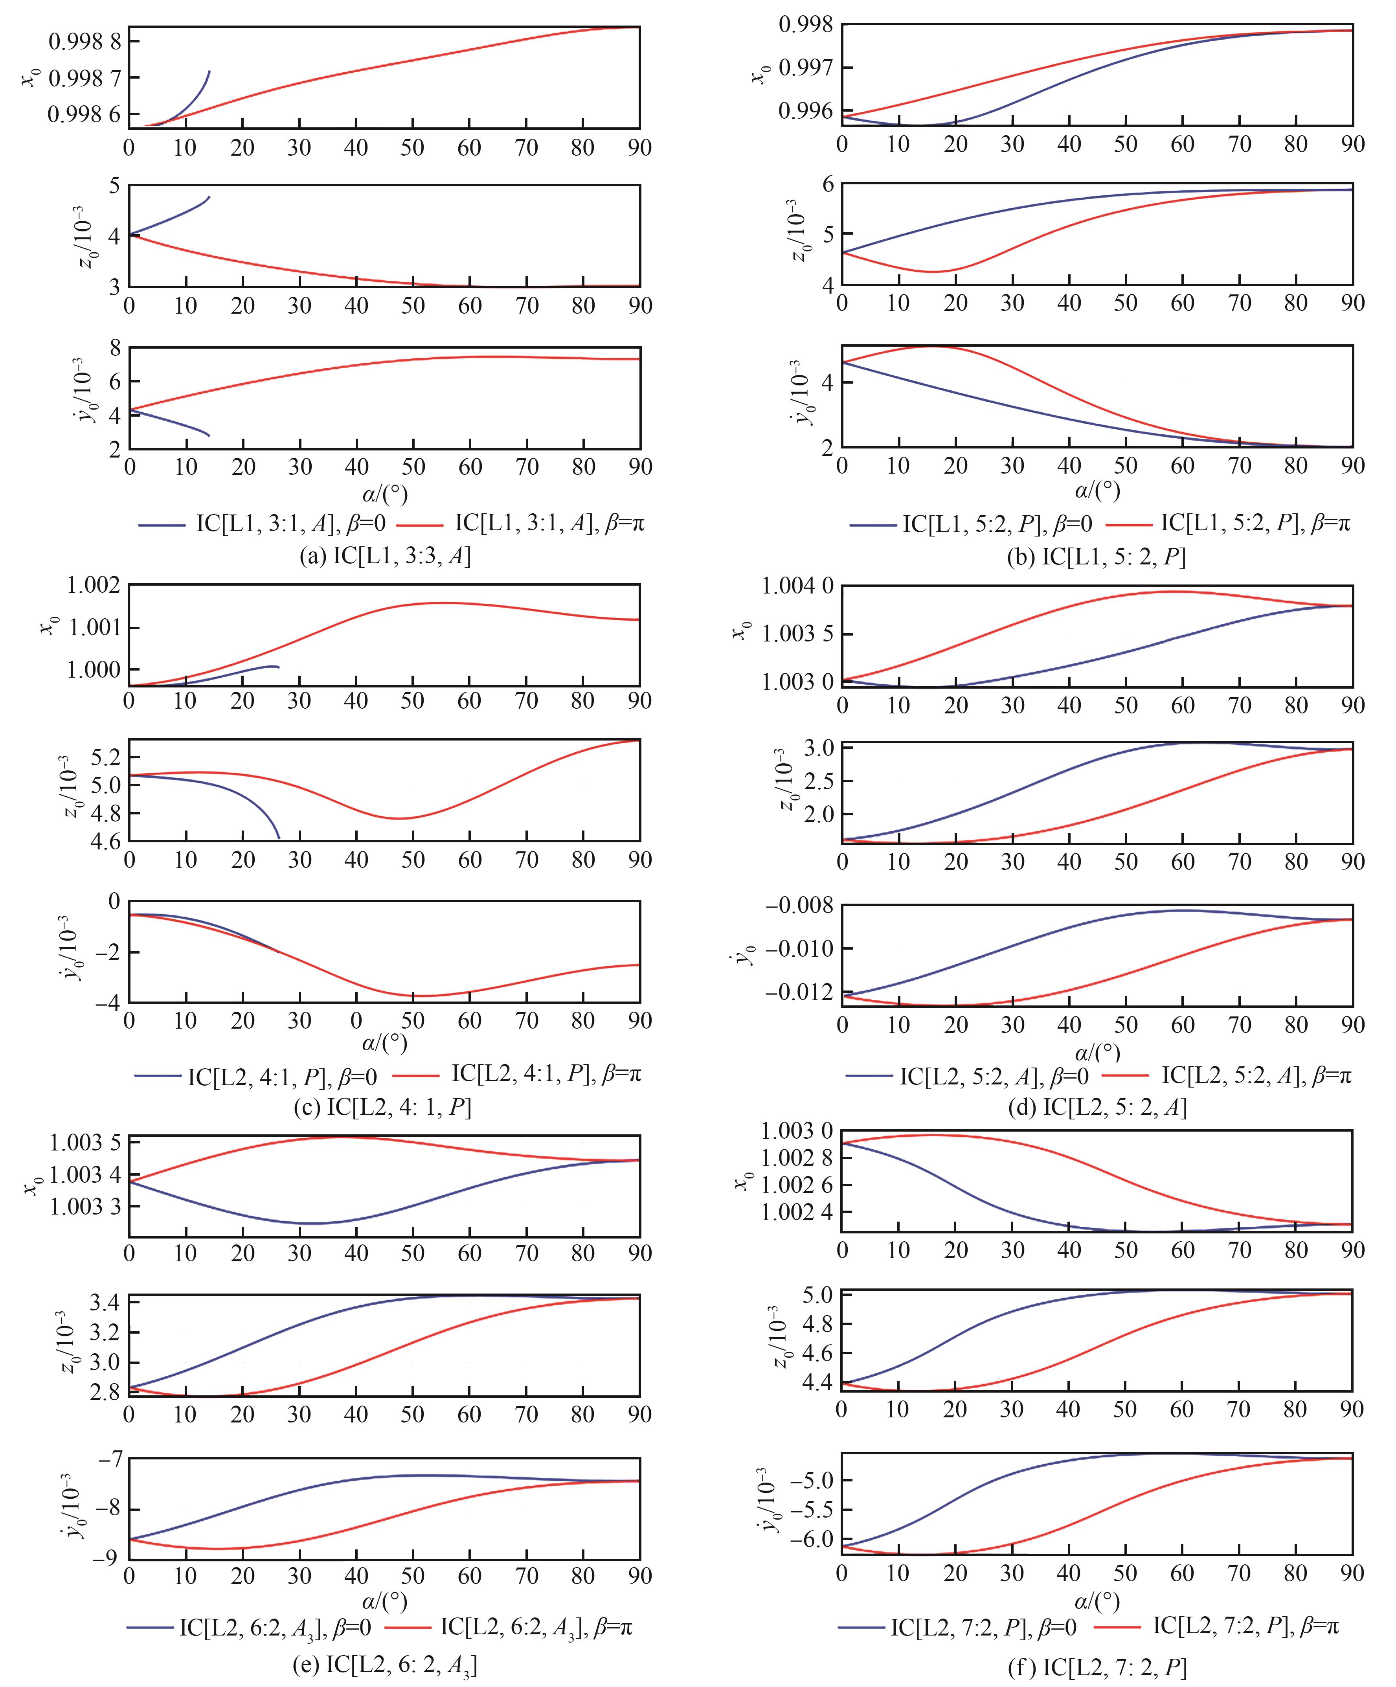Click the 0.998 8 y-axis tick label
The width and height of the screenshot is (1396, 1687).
84,41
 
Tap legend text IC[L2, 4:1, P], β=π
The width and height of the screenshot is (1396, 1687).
546,1074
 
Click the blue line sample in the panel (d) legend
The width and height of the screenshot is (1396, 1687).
870,1075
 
